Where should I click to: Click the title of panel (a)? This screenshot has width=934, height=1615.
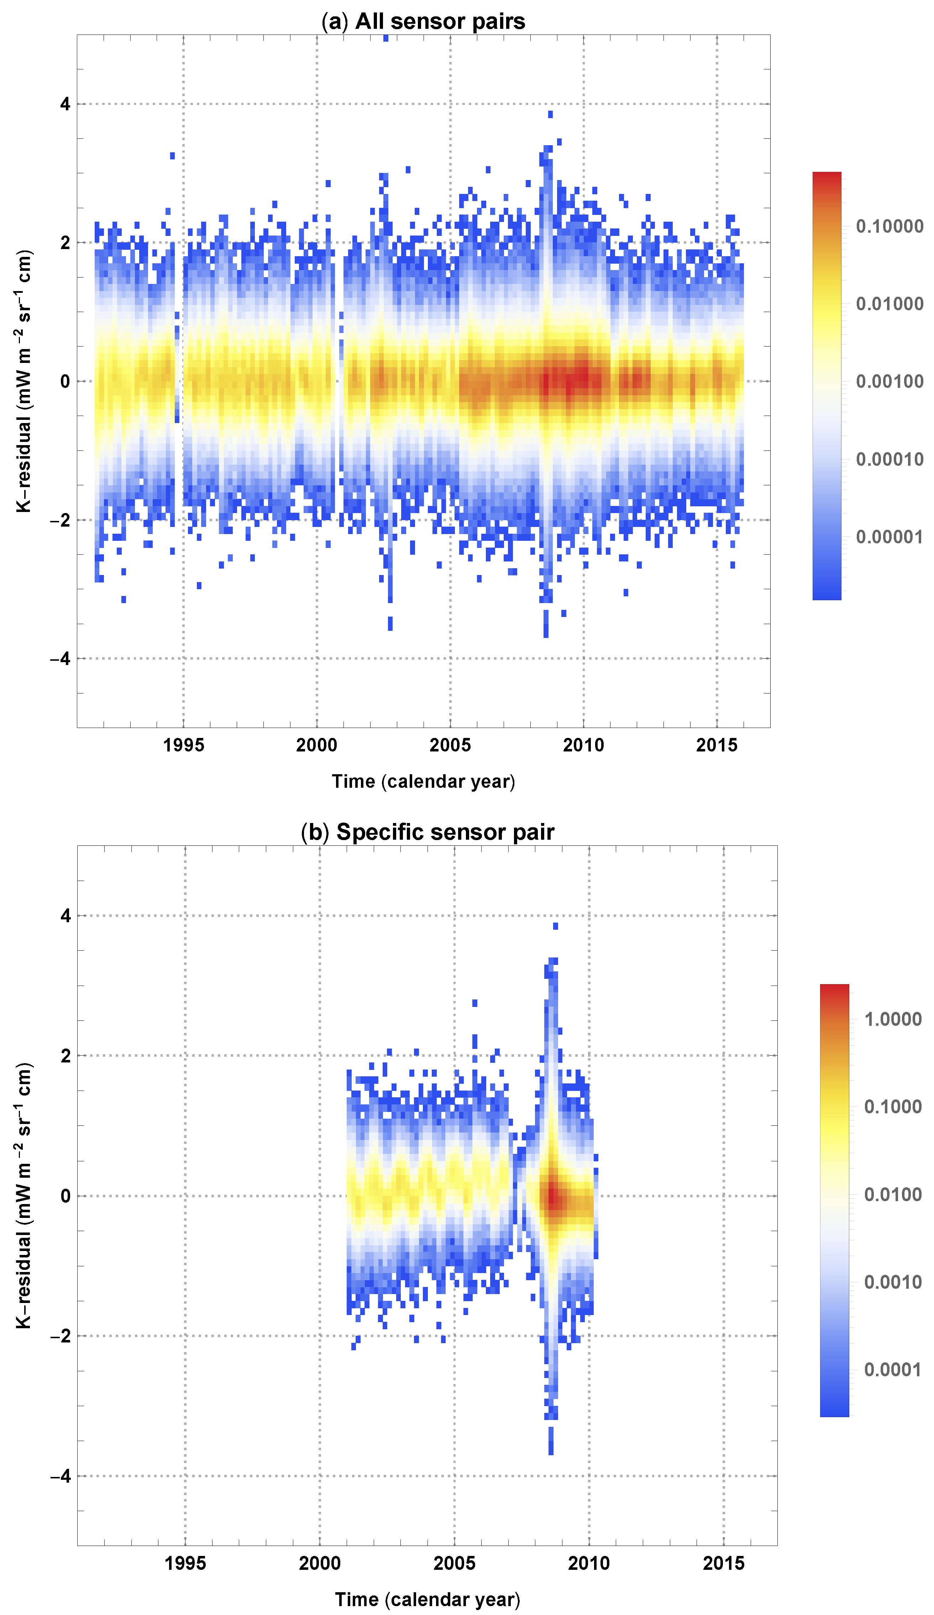423,21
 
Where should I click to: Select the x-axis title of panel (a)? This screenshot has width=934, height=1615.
423,781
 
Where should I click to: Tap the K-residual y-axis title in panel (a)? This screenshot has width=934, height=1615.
24,381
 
